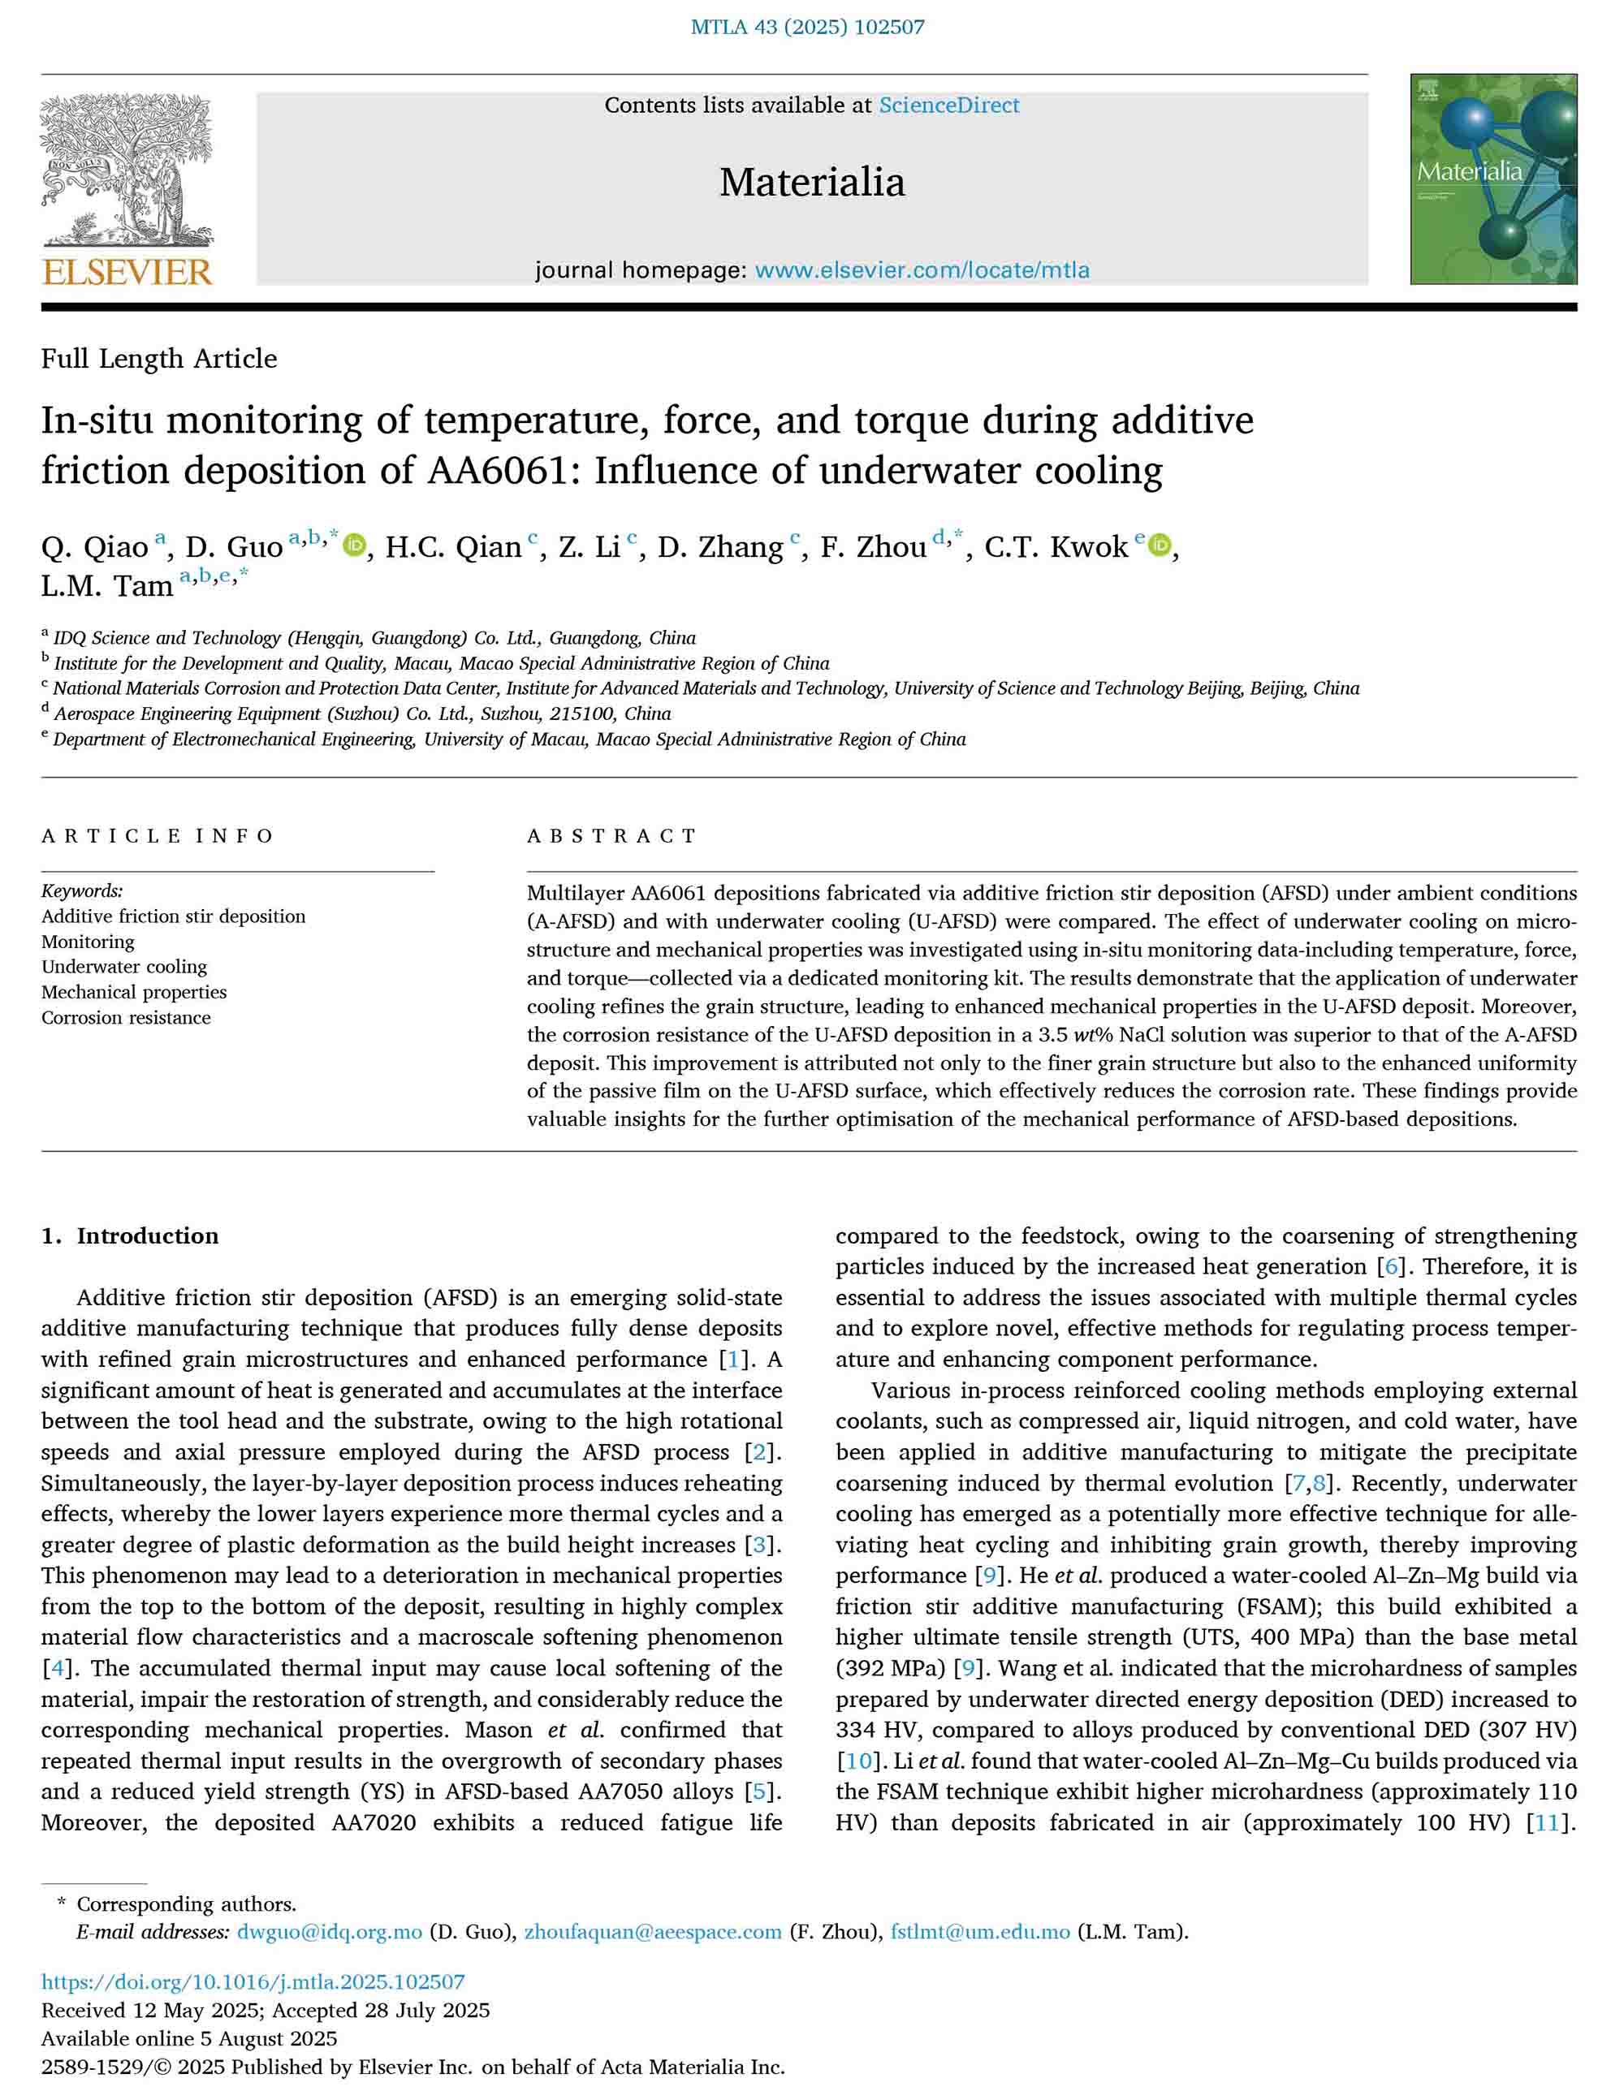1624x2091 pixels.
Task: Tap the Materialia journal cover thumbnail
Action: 1492,179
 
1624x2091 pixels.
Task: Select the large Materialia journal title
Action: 811,182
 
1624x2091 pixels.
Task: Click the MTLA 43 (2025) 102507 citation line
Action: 807,27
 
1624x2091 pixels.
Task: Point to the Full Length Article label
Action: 159,358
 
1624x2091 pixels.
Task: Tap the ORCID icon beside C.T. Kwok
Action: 1160,545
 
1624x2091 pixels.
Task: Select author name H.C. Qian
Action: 453,546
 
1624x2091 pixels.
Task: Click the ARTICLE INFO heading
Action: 158,836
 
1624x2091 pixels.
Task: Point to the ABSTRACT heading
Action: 612,836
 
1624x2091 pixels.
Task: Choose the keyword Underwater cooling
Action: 123,967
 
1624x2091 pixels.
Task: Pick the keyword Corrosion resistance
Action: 125,1018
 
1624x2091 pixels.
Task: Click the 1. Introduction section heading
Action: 129,1236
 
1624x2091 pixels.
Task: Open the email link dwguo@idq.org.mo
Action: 330,1931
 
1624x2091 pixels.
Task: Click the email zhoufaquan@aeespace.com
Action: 653,1931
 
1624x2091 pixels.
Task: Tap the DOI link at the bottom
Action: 253,1982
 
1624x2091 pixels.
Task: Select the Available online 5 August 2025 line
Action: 188,2038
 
